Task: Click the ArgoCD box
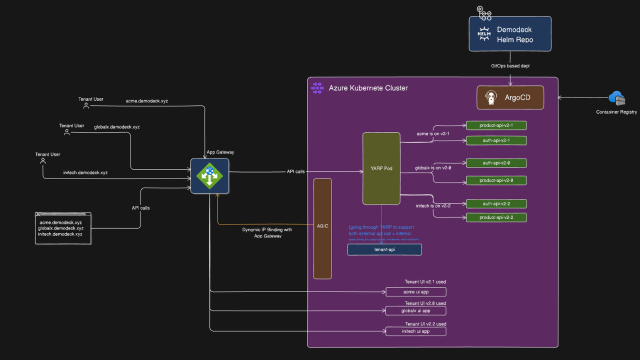510,97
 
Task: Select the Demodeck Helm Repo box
510,34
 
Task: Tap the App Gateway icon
209,175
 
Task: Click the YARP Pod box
381,168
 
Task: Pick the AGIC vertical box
322,228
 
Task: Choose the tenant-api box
384,249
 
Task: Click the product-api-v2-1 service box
496,125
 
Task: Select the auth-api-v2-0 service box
496,163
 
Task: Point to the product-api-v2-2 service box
496,217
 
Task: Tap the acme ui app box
415,292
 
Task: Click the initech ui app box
415,331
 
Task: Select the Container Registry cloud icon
616,98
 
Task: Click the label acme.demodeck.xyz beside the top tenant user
146,101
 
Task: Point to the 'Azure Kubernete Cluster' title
368,88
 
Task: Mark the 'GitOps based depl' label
509,65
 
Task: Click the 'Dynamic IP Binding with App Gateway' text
267,232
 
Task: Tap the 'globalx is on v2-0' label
433,168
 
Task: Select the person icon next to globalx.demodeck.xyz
66,132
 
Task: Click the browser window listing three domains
63,228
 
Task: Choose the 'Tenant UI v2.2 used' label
425,324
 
